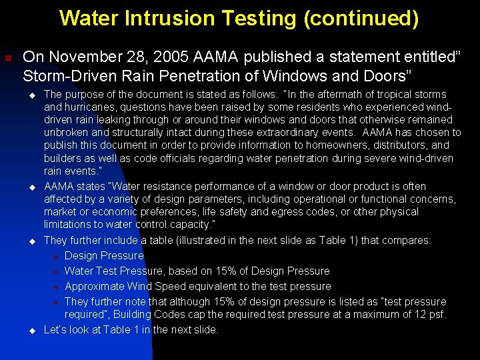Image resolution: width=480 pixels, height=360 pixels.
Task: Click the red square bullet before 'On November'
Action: pos(8,58)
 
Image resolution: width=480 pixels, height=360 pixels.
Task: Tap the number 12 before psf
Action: pos(420,314)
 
